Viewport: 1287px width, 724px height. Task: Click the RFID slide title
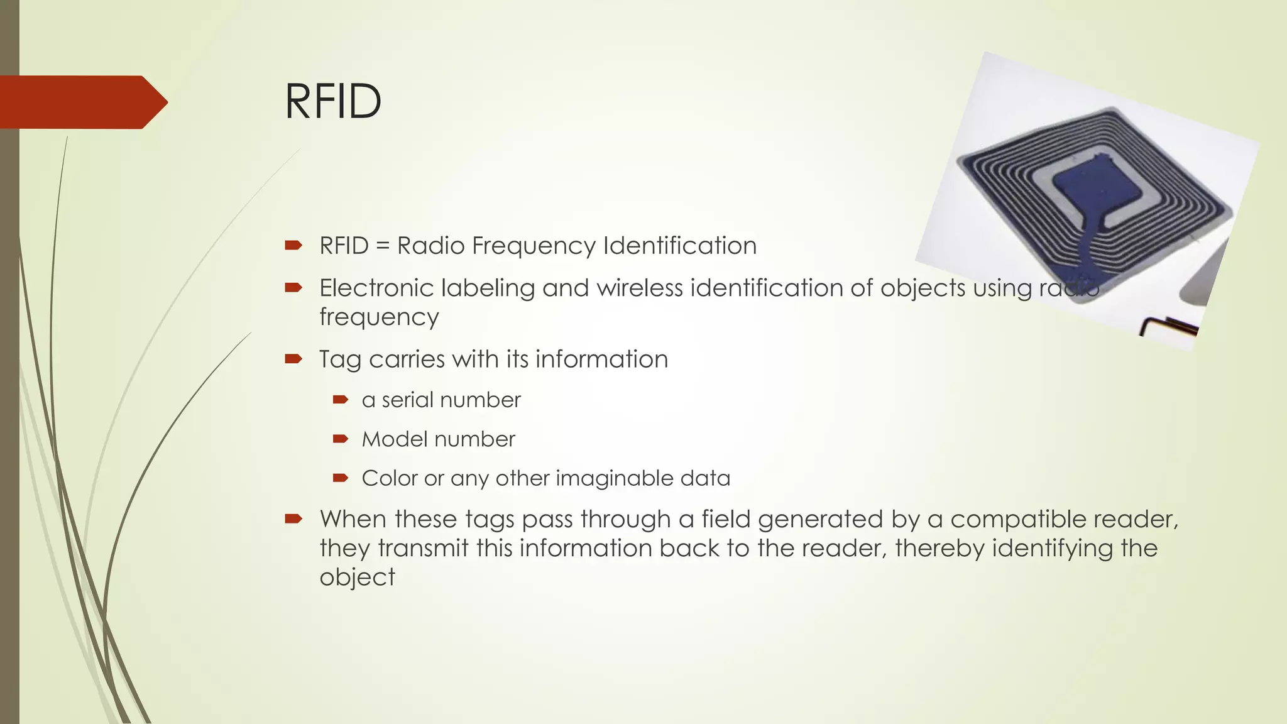pyautogui.click(x=332, y=101)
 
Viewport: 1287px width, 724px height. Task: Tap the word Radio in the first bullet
pyautogui.click(x=431, y=246)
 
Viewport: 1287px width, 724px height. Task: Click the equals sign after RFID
pyautogui.click(x=382, y=246)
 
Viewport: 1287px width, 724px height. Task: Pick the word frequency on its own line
pyautogui.click(x=379, y=317)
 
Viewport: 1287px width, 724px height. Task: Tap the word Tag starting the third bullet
pyautogui.click(x=340, y=360)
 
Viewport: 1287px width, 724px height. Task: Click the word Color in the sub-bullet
pyautogui.click(x=389, y=478)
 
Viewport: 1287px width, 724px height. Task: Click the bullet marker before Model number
pyautogui.click(x=341, y=439)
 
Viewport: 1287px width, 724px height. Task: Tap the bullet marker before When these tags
pyautogui.click(x=293, y=518)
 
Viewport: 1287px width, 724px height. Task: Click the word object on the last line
pyautogui.click(x=357, y=578)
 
